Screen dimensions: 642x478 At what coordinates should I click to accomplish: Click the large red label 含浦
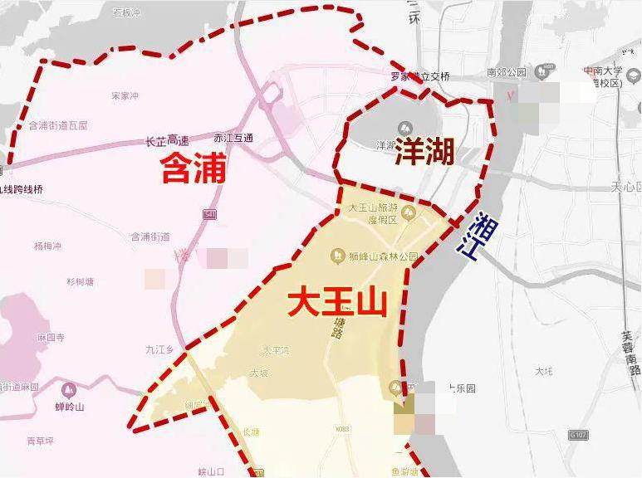tap(193, 169)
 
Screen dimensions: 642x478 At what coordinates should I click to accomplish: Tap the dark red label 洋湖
tap(424, 152)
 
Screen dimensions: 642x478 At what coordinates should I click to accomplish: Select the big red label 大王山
tap(338, 302)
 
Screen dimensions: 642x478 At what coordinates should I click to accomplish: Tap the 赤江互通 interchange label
tap(233, 138)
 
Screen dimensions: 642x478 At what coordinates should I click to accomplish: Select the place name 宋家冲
tap(125, 96)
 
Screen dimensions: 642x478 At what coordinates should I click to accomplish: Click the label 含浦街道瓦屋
tap(58, 125)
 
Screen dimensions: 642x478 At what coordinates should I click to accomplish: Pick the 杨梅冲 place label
tap(48, 246)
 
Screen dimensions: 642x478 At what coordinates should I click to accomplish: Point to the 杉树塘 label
tap(81, 281)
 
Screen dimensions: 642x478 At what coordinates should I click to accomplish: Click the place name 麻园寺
tap(51, 338)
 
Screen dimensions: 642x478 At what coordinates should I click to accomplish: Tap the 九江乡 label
tap(159, 350)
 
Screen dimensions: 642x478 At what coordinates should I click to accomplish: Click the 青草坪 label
tap(39, 441)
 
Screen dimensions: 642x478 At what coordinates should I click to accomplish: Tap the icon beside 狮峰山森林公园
tap(338, 256)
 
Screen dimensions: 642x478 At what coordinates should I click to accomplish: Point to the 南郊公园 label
tap(507, 72)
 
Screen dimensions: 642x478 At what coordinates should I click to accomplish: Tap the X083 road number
tap(342, 429)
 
